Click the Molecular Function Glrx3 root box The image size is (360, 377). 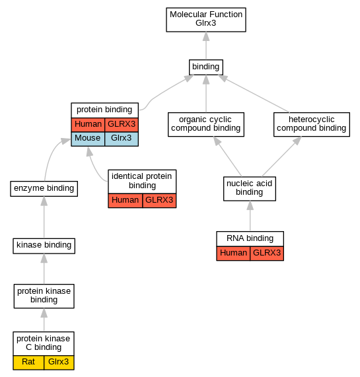point(206,19)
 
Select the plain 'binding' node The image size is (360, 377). point(206,67)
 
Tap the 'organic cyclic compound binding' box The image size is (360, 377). point(206,124)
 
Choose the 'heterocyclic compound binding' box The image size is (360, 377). point(312,124)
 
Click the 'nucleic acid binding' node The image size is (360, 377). point(250,189)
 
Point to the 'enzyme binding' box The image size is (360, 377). point(44,189)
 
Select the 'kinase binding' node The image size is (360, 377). point(44,246)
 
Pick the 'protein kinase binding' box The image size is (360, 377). point(44,296)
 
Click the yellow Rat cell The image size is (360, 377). point(28,362)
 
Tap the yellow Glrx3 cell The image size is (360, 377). point(59,362)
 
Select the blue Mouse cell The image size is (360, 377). point(88,139)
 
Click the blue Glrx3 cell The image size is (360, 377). point(122,139)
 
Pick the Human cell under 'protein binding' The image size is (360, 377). point(88,125)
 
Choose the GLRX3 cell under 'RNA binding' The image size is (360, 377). point(267,253)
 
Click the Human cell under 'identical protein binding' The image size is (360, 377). point(126,201)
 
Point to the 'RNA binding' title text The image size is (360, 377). point(250,238)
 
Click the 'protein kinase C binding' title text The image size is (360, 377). point(44,343)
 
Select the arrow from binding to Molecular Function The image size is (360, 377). point(206,46)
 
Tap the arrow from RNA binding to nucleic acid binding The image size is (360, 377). point(250,216)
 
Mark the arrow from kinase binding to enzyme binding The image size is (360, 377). point(44,217)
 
